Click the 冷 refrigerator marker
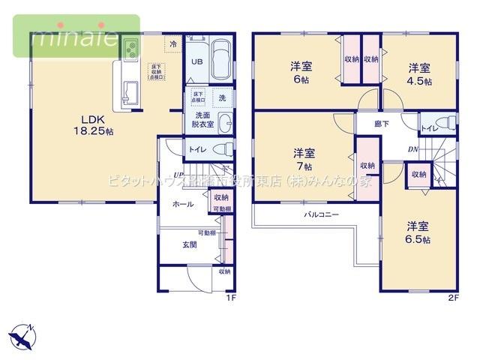pyautogui.click(x=173, y=45)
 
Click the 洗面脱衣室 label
pyautogui.click(x=203, y=120)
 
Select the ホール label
pyautogui.click(x=183, y=204)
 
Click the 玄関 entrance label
pyautogui.click(x=190, y=244)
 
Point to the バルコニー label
pyautogui.click(x=321, y=214)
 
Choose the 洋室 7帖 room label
pyautogui.click(x=304, y=157)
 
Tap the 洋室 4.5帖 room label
pyautogui.click(x=420, y=75)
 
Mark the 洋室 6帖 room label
pyautogui.click(x=302, y=72)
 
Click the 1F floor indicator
pyautogui.click(x=231, y=298)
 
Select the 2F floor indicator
pyautogui.click(x=452, y=298)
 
